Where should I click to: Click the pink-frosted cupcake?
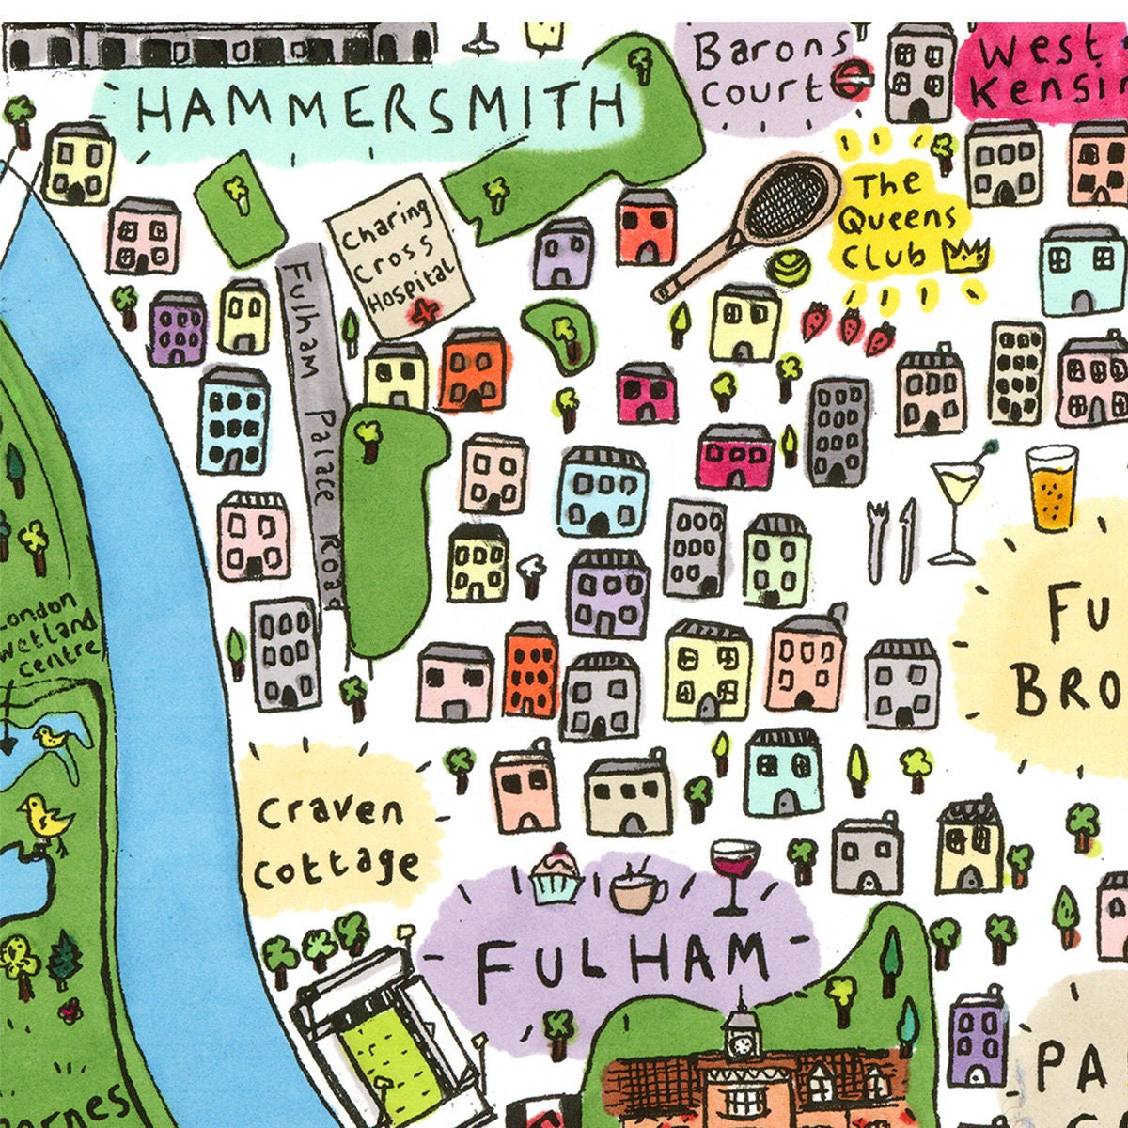tap(556, 873)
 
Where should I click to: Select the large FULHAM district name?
tap(620, 963)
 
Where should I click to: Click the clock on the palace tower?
tap(742, 1044)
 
